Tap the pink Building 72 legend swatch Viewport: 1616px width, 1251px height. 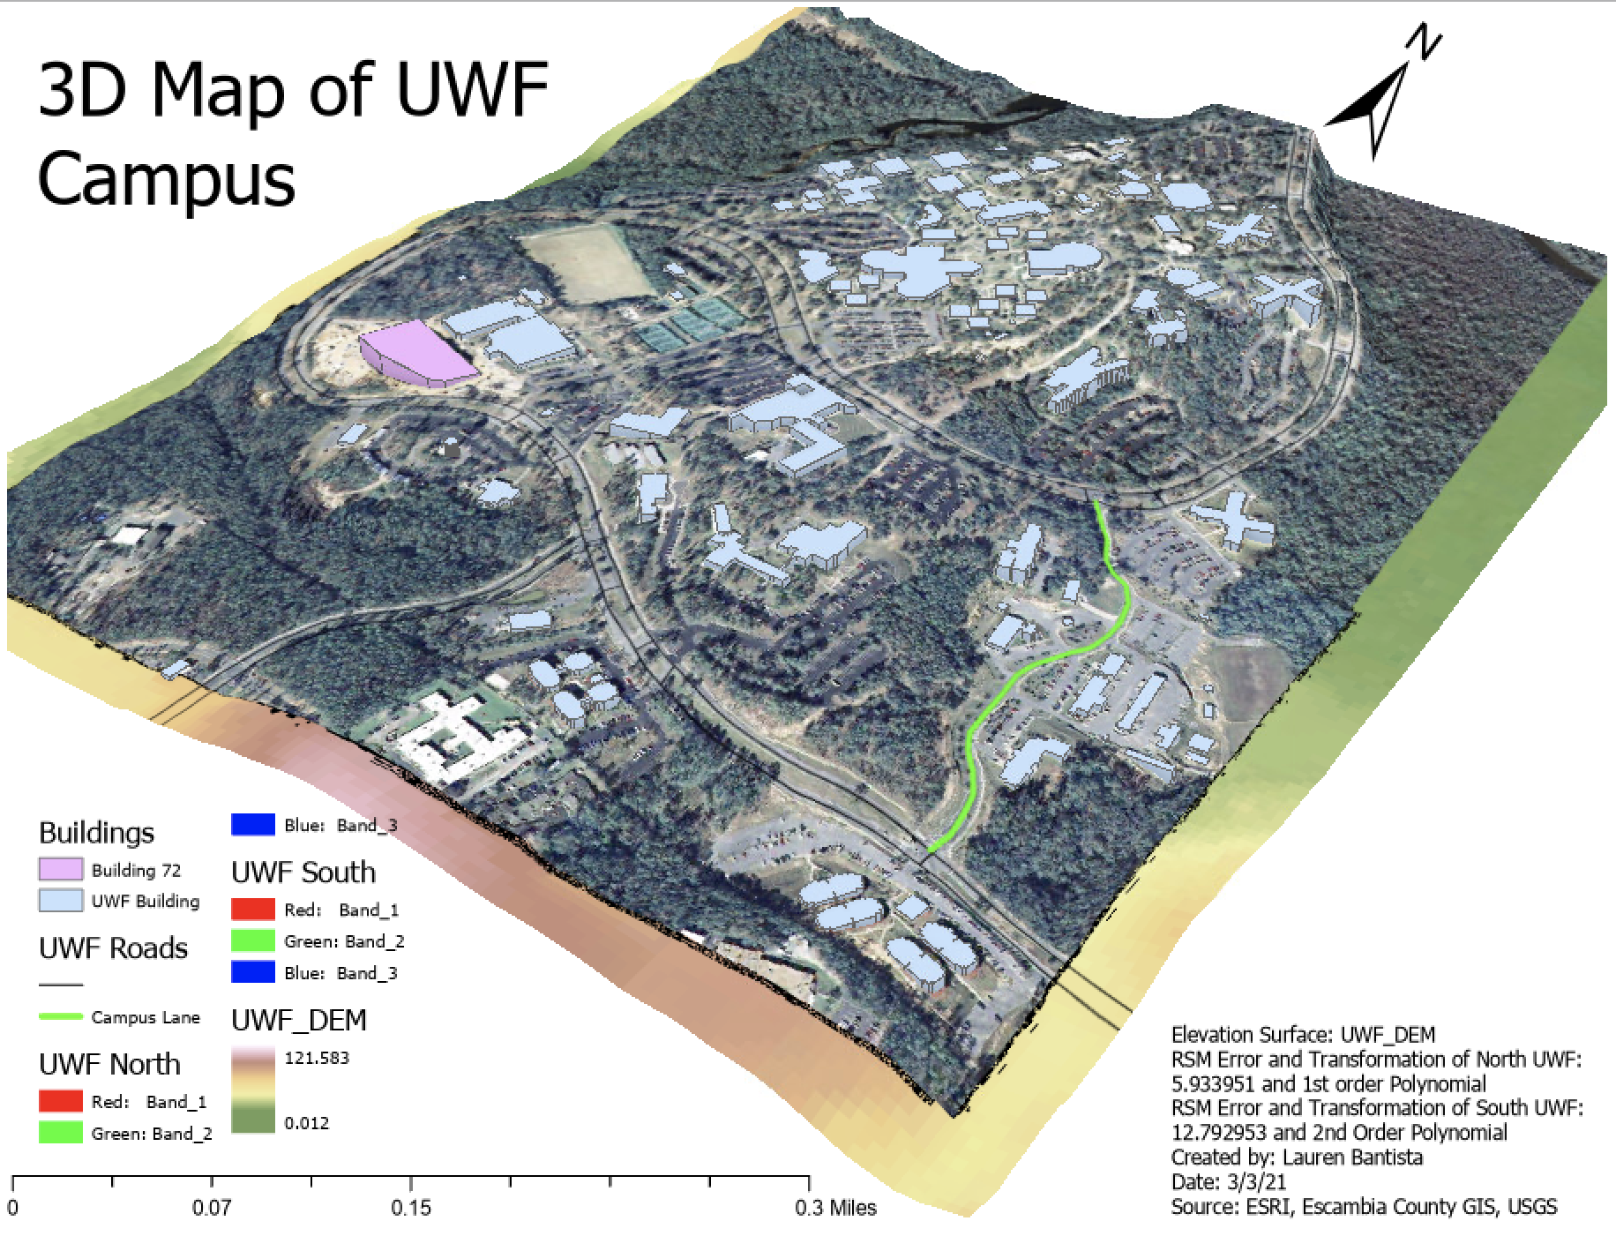pyautogui.click(x=61, y=870)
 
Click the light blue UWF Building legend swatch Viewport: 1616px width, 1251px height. pyautogui.click(x=61, y=901)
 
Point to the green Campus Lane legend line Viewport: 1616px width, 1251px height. pyautogui.click(x=61, y=1017)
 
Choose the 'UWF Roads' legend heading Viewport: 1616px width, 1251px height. pyautogui.click(x=113, y=948)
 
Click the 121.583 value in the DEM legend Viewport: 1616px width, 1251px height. pyautogui.click(x=317, y=1058)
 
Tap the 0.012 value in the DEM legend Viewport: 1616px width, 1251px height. pyautogui.click(x=307, y=1123)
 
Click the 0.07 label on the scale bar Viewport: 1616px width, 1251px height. pyautogui.click(x=212, y=1207)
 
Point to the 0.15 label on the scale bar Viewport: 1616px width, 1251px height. pyautogui.click(x=411, y=1207)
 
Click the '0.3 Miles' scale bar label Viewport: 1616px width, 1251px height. pyautogui.click(x=835, y=1207)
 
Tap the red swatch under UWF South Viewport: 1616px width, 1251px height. pyautogui.click(x=253, y=910)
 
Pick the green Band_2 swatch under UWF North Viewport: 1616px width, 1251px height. pyautogui.click(x=61, y=1134)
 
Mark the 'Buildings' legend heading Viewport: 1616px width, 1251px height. pyautogui.click(x=96, y=833)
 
